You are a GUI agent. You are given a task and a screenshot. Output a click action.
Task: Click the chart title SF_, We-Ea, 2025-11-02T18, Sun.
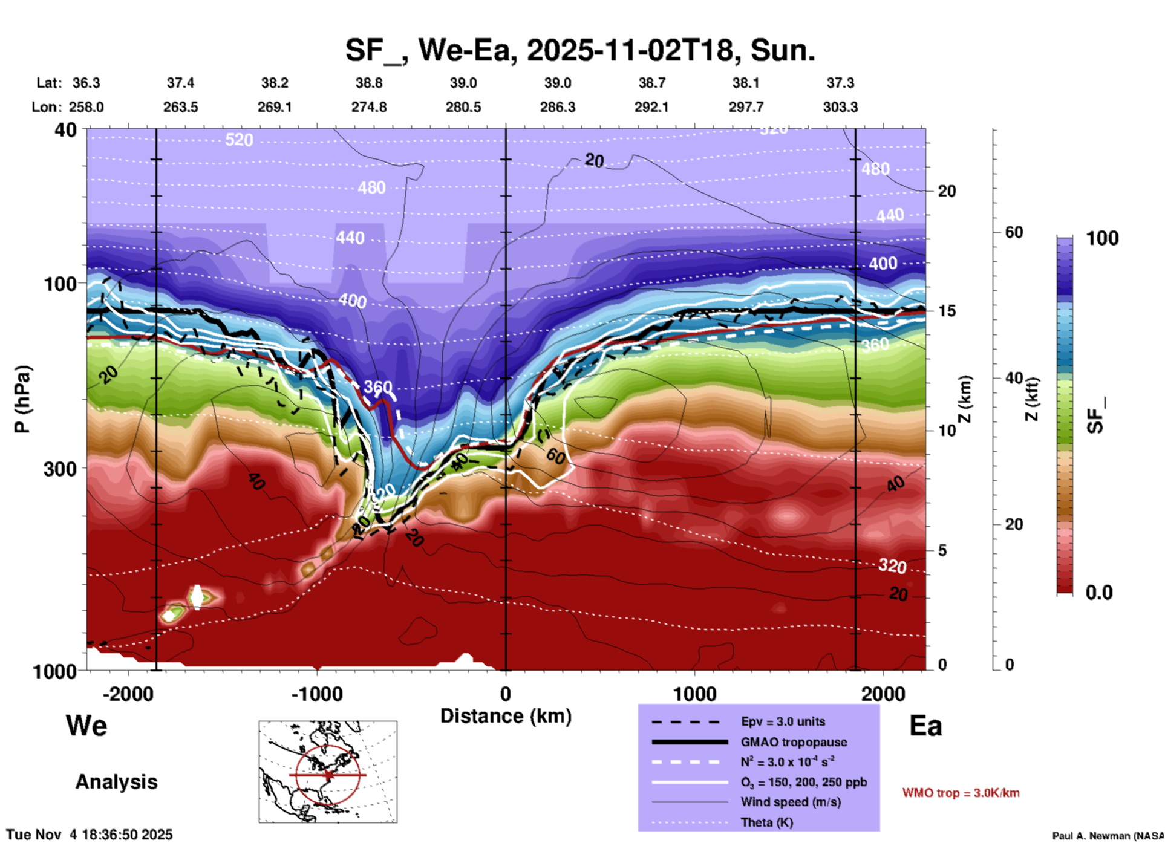click(x=580, y=50)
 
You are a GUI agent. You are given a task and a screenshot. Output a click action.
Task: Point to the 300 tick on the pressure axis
click(x=60, y=469)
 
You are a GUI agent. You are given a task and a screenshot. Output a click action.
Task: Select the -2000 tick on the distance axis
click(x=128, y=694)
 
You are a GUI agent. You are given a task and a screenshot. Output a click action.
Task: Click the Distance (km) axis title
click(x=506, y=716)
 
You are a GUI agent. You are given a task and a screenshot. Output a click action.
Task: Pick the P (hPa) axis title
click(x=22, y=399)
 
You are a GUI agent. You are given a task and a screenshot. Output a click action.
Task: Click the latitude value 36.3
click(x=86, y=83)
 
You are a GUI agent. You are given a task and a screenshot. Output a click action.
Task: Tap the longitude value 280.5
click(x=463, y=107)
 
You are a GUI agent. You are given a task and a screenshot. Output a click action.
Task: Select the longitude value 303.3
click(x=840, y=107)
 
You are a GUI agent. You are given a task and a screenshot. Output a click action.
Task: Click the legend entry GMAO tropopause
click(x=794, y=742)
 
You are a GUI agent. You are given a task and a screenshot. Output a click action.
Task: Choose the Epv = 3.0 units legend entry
click(x=783, y=721)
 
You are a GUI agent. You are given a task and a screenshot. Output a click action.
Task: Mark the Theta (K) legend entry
click(x=766, y=822)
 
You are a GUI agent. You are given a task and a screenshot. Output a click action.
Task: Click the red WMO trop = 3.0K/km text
click(x=961, y=793)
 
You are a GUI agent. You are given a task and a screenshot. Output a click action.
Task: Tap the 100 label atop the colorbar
click(x=1102, y=238)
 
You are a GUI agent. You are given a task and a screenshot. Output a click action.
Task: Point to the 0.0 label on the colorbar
click(x=1099, y=593)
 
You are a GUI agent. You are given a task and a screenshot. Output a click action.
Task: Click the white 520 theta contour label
click(x=239, y=140)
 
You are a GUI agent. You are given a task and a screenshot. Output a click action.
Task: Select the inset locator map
click(x=328, y=772)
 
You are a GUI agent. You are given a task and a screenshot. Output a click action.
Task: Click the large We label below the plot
click(x=86, y=725)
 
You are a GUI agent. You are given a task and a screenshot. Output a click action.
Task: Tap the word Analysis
click(x=116, y=782)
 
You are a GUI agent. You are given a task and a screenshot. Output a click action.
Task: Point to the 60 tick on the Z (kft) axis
click(x=1014, y=232)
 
